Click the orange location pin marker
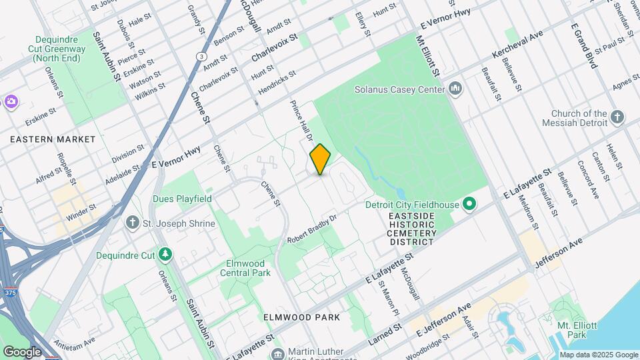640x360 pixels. (x=321, y=159)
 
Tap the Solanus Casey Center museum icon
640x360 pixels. (x=456, y=88)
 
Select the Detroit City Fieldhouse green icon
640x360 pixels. (x=469, y=203)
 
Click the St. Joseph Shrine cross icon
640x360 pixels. (x=133, y=223)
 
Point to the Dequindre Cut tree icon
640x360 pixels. (x=165, y=254)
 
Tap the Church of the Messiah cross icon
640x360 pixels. (x=617, y=118)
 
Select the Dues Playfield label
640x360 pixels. (x=182, y=199)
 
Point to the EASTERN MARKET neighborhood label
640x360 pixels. (x=53, y=139)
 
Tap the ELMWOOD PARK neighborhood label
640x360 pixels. (x=301, y=317)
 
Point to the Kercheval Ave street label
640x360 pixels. (x=517, y=43)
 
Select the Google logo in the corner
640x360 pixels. (x=22, y=351)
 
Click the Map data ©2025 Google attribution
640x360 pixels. (x=599, y=355)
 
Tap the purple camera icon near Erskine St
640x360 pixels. (x=10, y=101)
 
